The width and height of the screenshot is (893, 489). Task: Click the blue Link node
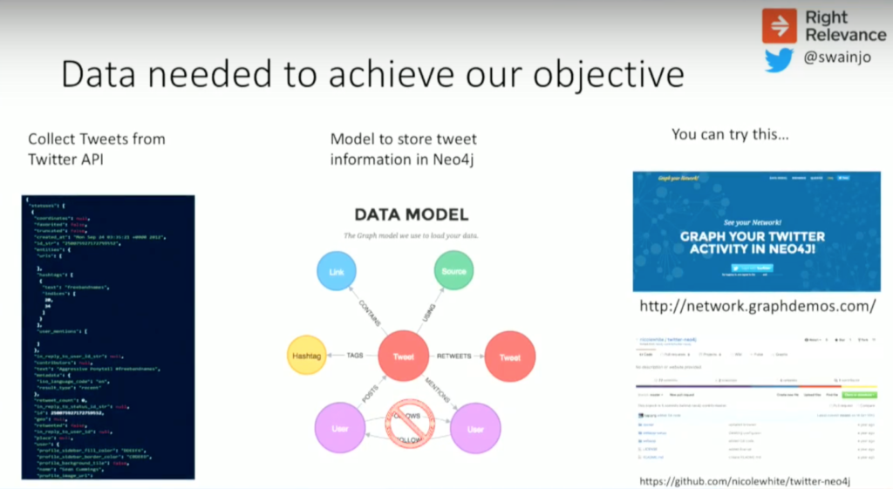(337, 272)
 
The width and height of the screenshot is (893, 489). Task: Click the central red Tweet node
(403, 357)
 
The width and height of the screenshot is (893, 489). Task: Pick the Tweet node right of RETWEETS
(509, 357)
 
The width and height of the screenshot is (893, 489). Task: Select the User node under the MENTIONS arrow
(474, 429)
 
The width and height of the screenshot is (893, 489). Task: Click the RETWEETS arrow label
(456, 357)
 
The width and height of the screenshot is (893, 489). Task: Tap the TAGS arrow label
(355, 356)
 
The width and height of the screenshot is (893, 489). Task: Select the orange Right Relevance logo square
(780, 25)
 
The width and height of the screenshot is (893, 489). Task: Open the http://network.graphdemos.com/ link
(757, 307)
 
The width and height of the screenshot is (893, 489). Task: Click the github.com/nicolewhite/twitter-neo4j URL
(744, 480)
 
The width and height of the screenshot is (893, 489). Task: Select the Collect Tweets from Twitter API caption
(96, 149)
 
